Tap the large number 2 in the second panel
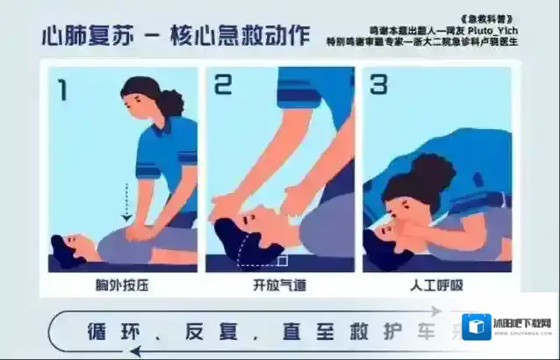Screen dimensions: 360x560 pyautogui.click(x=223, y=85)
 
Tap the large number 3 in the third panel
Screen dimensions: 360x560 pyautogui.click(x=378, y=85)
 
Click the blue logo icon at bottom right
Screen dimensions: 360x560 pyautogui.click(x=477, y=327)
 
